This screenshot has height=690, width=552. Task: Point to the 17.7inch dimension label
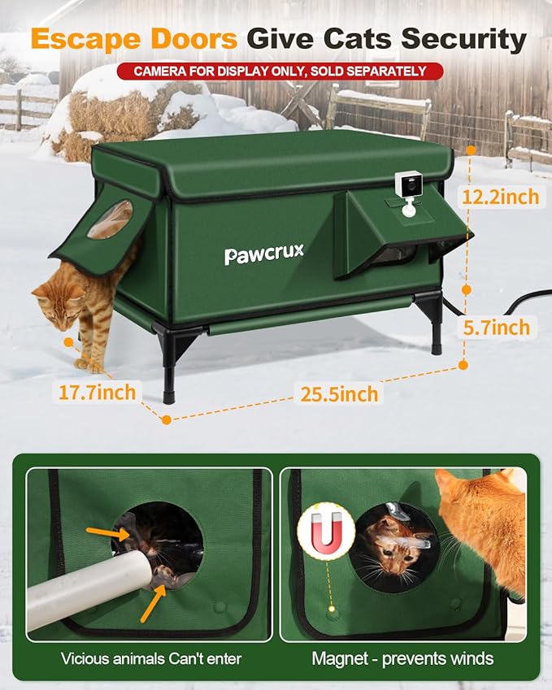[x=97, y=392]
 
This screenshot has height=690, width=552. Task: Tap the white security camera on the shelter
[x=407, y=193]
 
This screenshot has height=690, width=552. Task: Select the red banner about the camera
[x=280, y=72]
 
